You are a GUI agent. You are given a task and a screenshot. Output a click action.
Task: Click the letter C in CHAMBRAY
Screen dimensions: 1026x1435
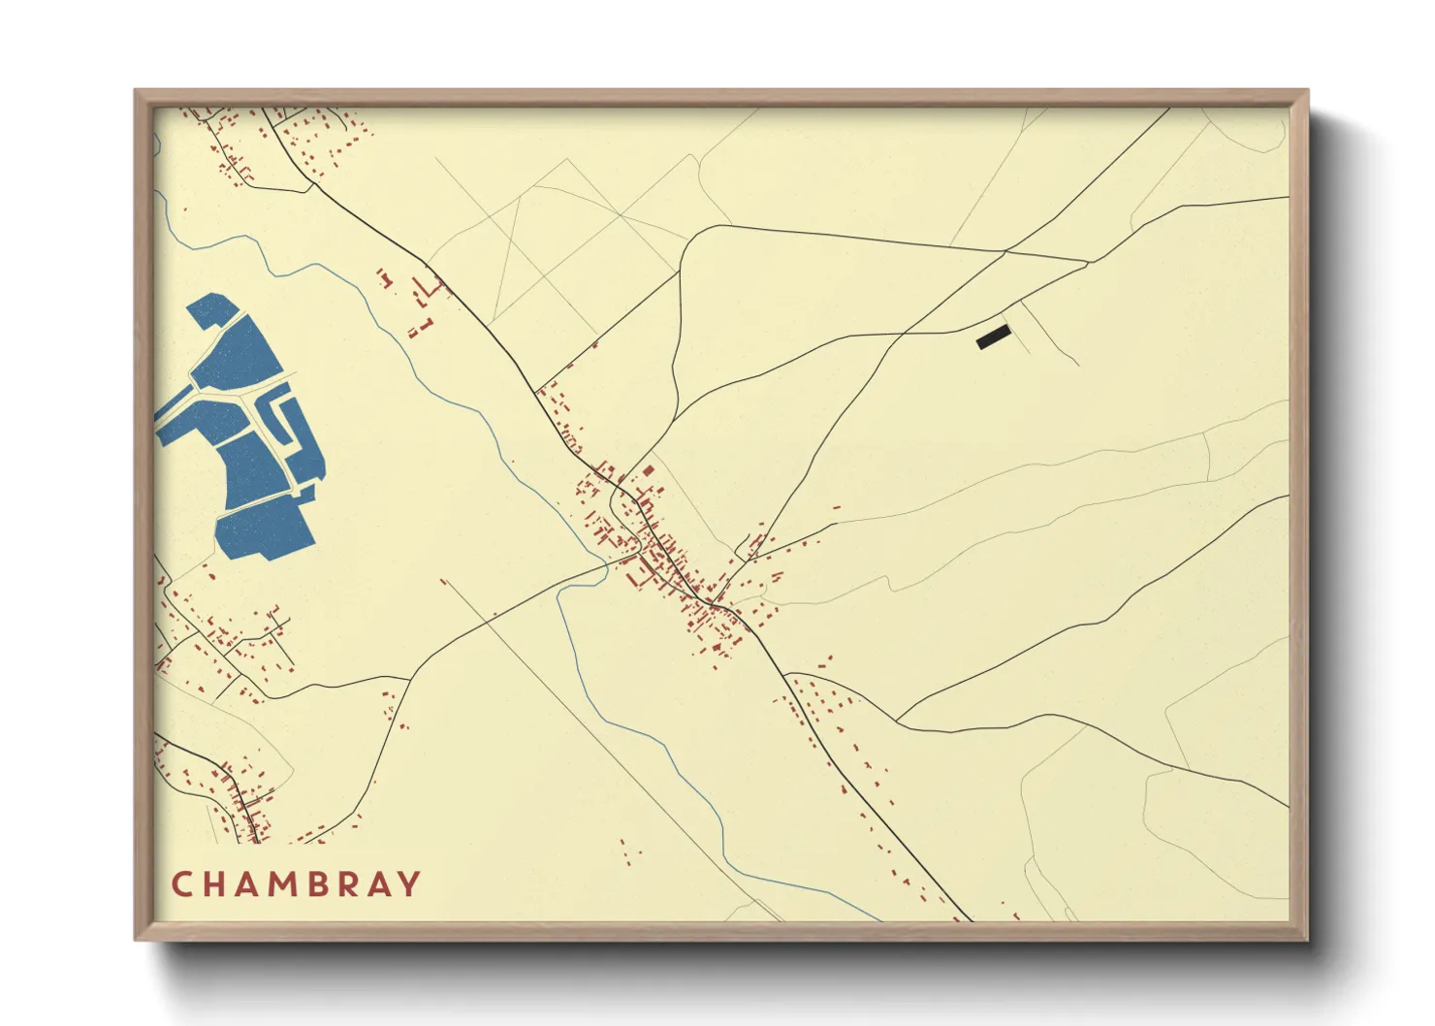[x=182, y=884]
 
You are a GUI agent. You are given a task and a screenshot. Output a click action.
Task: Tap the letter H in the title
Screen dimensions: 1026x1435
[x=215, y=884]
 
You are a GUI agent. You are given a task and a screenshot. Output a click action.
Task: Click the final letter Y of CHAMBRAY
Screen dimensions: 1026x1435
[x=410, y=884]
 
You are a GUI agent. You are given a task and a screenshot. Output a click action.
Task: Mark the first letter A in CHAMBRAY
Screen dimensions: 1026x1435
[x=250, y=884]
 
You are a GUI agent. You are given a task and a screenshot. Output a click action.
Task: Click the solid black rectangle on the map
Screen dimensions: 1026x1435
[x=994, y=337]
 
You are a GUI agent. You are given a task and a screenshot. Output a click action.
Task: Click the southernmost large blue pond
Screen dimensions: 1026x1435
[x=264, y=529]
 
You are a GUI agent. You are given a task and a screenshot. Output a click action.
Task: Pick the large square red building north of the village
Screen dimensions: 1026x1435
[x=647, y=471]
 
